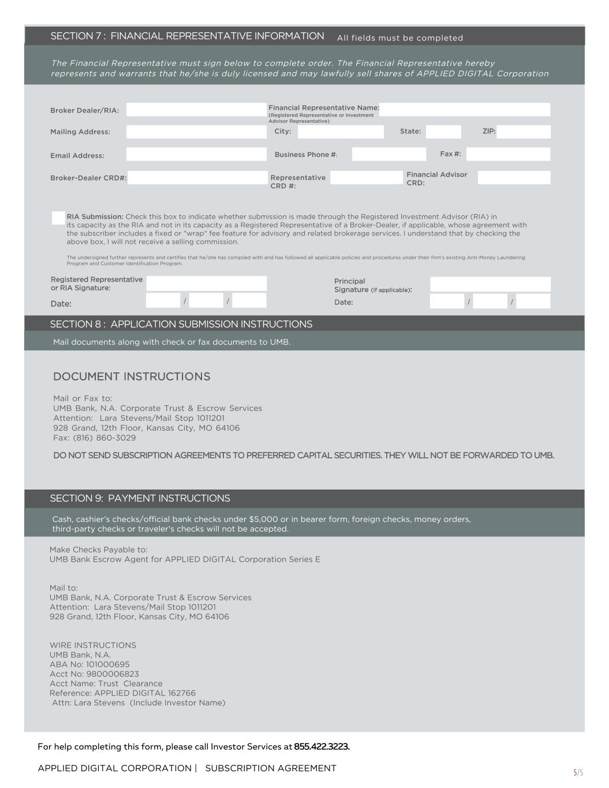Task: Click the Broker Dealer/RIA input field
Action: click(x=196, y=110)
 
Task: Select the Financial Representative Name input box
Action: click(x=465, y=110)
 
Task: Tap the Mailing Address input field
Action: click(x=196, y=132)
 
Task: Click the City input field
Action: click(x=341, y=132)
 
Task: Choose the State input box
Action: click(x=443, y=132)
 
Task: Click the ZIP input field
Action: click(x=524, y=132)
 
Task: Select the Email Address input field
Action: click(x=196, y=154)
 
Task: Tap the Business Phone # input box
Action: click(x=389, y=154)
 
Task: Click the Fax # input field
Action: click(x=508, y=154)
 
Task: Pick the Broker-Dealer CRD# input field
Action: click(x=197, y=178)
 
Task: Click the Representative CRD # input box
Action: click(x=366, y=178)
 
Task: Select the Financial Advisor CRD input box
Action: click(x=514, y=178)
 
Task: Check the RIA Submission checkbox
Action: click(x=58, y=218)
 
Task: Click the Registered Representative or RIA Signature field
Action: click(x=206, y=283)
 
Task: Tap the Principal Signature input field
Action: click(x=490, y=284)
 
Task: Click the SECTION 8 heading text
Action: click(x=181, y=324)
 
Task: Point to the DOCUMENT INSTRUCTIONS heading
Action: click(x=132, y=376)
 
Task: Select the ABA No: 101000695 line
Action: click(x=89, y=664)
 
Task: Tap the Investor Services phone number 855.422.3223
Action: click(x=322, y=746)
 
